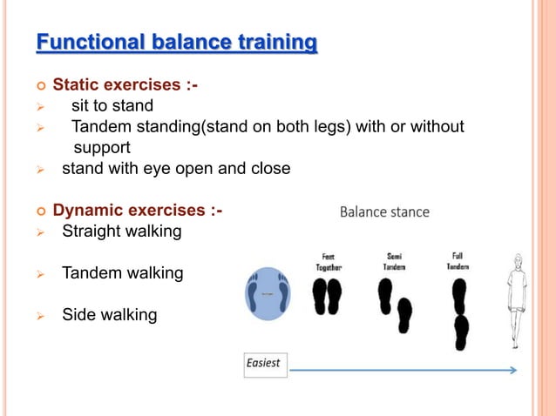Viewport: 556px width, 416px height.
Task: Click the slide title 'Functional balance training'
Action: click(176, 42)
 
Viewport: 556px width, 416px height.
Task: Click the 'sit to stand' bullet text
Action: click(112, 106)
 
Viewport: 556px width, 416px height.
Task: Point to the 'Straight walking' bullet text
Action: click(121, 232)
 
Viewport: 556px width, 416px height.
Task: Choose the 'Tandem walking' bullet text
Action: click(122, 273)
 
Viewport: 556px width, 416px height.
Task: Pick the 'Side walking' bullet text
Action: click(109, 314)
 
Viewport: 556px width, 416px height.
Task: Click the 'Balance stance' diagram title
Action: click(384, 211)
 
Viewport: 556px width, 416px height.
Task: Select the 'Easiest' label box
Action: click(264, 363)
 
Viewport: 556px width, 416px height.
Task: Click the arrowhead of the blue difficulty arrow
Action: click(512, 370)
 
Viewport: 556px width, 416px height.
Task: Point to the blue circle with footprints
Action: click(267, 295)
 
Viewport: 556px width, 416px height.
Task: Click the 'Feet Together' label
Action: click(328, 262)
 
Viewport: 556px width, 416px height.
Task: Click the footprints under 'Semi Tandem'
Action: click(395, 304)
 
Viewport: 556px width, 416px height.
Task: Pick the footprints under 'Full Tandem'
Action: click(460, 314)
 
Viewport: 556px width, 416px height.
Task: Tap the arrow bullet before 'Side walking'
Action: click(39, 315)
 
